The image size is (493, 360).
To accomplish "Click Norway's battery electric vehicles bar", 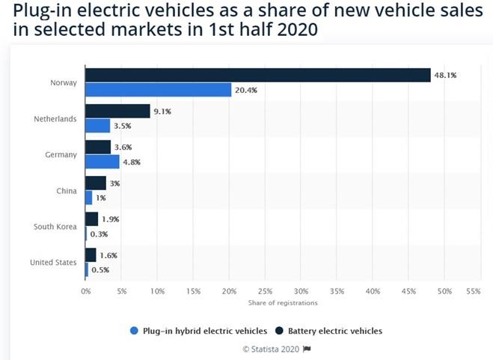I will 258,75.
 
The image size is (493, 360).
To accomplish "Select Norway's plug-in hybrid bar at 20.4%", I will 159,90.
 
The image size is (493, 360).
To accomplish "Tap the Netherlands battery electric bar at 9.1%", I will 117,112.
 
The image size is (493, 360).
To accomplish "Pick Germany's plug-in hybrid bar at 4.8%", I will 102,162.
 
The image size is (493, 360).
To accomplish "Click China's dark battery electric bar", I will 96,183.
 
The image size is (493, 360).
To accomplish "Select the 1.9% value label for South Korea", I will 109,219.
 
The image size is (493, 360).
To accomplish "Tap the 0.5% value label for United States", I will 99,269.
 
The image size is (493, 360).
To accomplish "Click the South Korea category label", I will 55,226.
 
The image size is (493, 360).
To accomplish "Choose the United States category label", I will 53,262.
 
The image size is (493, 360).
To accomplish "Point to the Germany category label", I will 61,154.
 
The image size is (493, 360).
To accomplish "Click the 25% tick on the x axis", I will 265,290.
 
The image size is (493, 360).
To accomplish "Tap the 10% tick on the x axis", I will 157,290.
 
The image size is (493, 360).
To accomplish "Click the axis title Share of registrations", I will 283,303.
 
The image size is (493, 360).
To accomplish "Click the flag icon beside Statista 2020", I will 306,349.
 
